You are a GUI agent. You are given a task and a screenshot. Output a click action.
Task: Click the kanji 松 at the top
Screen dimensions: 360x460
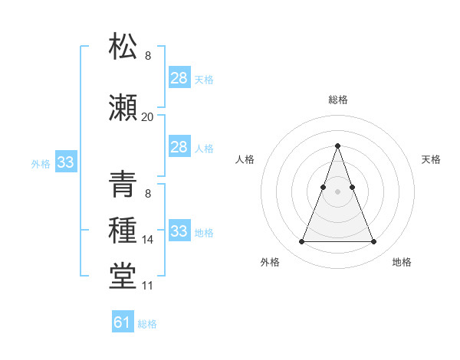pyautogui.click(x=123, y=46)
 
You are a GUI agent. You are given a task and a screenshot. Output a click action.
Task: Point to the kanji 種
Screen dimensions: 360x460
pyautogui.click(x=123, y=230)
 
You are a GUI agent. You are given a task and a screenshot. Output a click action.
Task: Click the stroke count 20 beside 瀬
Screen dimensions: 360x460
pyautogui.click(x=147, y=116)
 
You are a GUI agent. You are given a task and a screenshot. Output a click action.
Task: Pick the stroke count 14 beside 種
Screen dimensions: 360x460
pyautogui.click(x=147, y=240)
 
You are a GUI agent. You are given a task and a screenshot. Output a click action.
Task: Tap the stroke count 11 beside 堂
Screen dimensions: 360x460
pyautogui.click(x=147, y=286)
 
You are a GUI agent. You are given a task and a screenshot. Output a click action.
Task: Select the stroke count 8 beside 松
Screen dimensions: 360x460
pyautogui.click(x=147, y=56)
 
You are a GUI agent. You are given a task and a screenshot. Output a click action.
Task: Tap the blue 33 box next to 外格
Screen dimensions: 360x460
pyautogui.click(x=65, y=162)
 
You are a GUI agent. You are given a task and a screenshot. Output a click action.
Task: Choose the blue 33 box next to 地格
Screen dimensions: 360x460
pyautogui.click(x=179, y=231)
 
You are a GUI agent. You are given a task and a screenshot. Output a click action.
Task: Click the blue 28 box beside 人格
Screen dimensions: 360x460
pyautogui.click(x=179, y=146)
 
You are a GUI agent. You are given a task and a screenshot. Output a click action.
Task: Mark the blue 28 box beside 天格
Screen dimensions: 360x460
pyautogui.click(x=179, y=77)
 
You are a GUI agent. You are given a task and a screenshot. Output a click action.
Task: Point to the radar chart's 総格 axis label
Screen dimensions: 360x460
pyautogui.click(x=337, y=100)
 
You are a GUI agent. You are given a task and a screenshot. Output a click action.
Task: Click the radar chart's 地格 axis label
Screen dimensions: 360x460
pyautogui.click(x=402, y=262)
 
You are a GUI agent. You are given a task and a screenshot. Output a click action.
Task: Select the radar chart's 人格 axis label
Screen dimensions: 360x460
pyautogui.click(x=245, y=159)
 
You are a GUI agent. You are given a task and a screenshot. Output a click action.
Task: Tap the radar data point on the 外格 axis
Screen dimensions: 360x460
pyautogui.click(x=301, y=242)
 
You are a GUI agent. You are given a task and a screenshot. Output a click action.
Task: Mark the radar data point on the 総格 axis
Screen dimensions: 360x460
pyautogui.click(x=337, y=146)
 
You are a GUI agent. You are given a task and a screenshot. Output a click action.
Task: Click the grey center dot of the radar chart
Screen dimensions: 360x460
pyautogui.click(x=337, y=192)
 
